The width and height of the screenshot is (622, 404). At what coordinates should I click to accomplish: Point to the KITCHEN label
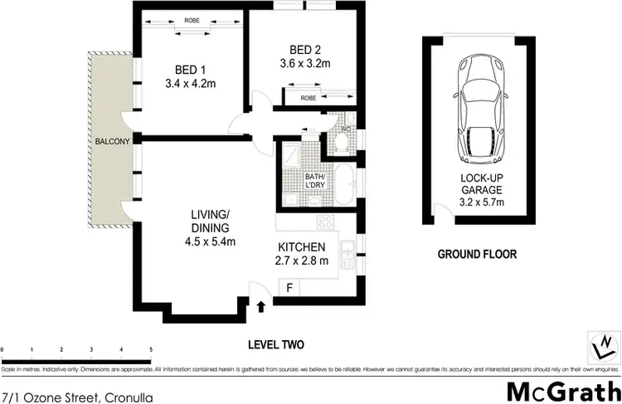302,247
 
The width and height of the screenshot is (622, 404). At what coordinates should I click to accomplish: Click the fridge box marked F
289,288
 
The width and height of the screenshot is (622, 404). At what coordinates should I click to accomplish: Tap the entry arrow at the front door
263,307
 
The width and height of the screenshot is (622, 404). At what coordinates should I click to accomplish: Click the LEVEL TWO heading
278,343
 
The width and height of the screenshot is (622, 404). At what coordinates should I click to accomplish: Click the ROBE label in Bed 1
192,22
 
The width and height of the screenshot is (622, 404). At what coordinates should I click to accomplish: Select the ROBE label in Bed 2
308,97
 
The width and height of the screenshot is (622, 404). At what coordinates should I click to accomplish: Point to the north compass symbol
603,343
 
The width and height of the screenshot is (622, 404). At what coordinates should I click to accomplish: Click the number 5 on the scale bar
150,349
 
